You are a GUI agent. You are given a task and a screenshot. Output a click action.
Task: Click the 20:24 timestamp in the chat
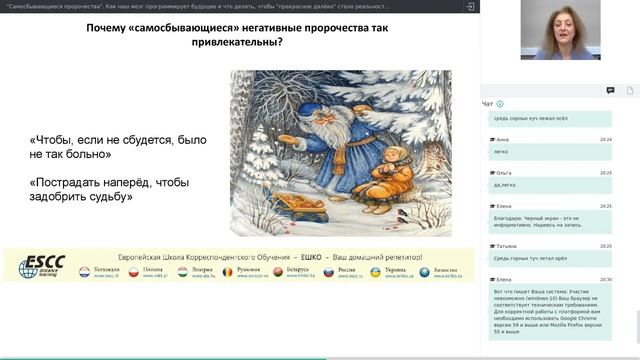606,139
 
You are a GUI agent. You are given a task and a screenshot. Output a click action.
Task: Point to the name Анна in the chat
502,139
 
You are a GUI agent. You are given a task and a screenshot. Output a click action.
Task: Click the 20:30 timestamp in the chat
606,279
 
